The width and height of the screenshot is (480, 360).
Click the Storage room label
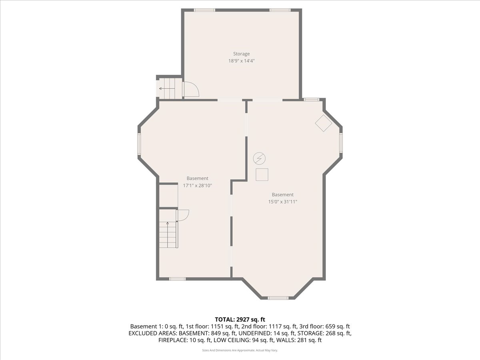coord(241,54)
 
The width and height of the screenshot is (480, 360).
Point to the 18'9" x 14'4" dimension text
coord(241,61)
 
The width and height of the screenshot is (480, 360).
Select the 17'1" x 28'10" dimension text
coord(197,186)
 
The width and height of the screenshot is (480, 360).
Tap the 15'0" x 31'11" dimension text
coord(282,202)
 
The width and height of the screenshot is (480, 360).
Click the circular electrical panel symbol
coord(259,159)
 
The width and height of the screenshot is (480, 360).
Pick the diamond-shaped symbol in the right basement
coord(324,123)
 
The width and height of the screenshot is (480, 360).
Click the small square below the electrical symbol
coord(262,175)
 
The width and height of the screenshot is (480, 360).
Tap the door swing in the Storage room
coord(191,89)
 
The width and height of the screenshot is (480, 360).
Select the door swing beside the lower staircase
coord(182,215)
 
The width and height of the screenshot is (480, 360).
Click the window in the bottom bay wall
coord(278,298)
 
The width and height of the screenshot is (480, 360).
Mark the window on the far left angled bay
coord(139,144)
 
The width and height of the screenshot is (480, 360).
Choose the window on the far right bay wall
coord(341,143)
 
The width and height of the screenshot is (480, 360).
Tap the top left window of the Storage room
coord(204,10)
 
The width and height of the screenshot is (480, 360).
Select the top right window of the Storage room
coord(280,10)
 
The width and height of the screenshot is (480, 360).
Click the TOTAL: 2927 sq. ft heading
coord(240,319)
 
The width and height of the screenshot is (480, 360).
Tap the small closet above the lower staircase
coord(168,196)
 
